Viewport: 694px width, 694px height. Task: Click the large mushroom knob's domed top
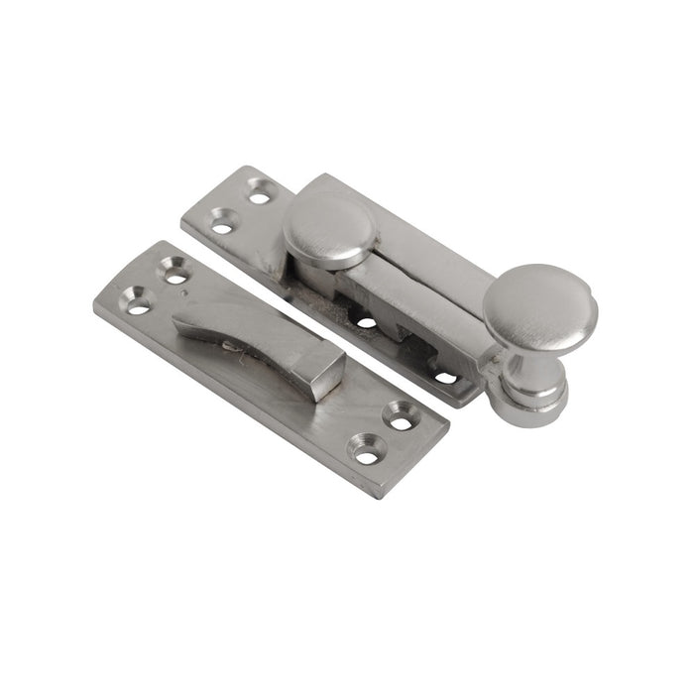tap(539, 308)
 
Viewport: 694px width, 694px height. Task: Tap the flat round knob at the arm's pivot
tap(329, 226)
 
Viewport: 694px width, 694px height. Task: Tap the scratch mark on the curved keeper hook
tap(232, 345)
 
